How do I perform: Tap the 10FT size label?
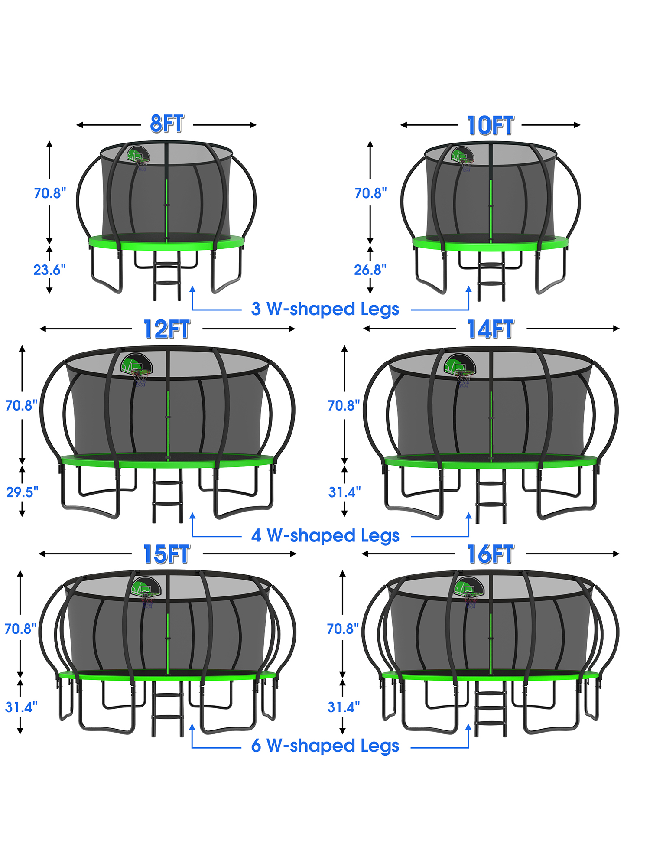click(491, 125)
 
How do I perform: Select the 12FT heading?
click(167, 329)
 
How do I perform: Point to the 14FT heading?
click(491, 329)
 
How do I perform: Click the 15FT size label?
click(167, 554)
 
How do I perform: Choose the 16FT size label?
click(491, 554)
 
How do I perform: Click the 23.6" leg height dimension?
click(50, 270)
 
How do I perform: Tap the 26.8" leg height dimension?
click(370, 270)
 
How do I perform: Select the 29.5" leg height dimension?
click(22, 492)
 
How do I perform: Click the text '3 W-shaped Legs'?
click(325, 310)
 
